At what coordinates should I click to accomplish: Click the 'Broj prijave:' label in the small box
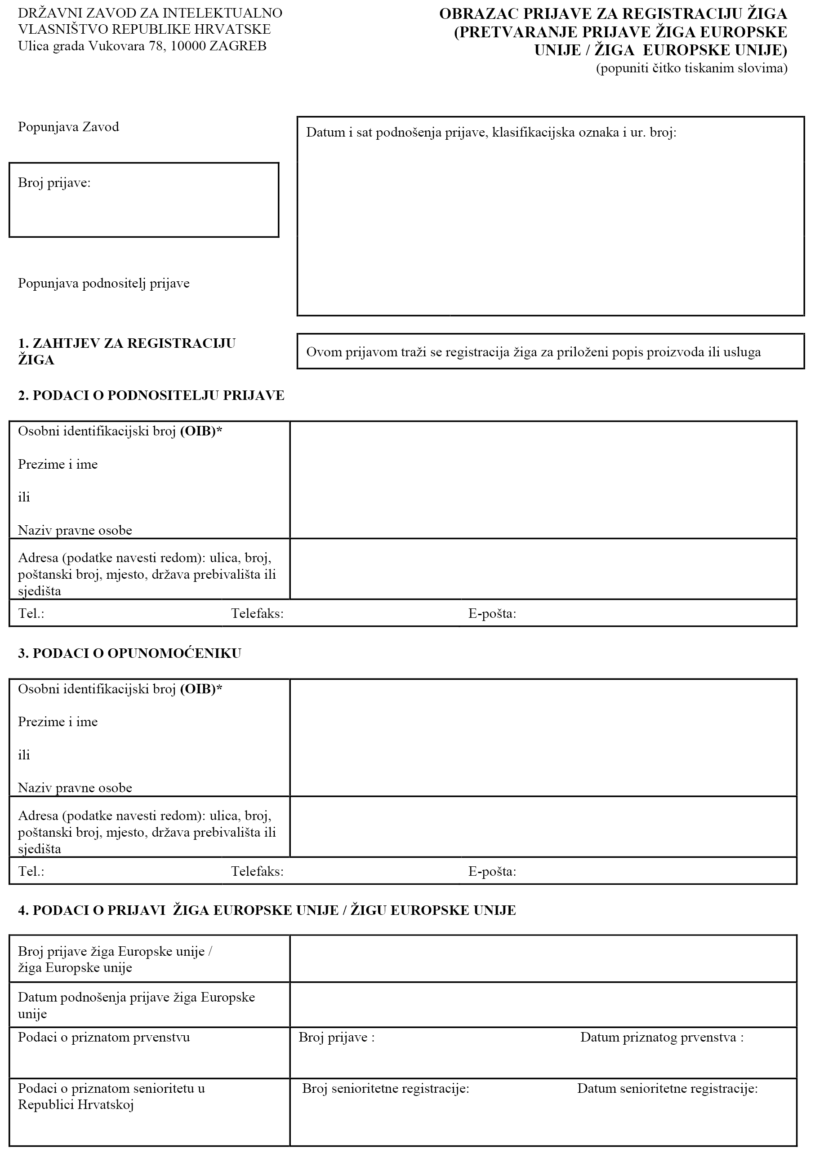coord(54,183)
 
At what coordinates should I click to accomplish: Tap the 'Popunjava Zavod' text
coord(68,127)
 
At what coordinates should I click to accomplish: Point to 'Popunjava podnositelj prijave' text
coord(103,284)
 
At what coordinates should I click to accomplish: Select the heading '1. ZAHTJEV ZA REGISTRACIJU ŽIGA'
coord(126,351)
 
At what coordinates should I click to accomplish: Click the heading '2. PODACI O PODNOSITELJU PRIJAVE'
coord(151,396)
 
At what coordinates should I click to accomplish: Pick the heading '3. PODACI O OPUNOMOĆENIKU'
coord(129,653)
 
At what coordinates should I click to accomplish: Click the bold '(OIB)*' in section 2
coord(201,431)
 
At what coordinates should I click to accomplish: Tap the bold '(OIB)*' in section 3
coord(201,689)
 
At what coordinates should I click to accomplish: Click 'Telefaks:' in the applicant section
coord(257,614)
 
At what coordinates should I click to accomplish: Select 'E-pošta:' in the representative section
coord(492,871)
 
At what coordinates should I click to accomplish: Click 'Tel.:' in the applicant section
coord(31,614)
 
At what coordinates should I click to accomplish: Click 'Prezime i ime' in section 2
coord(58,465)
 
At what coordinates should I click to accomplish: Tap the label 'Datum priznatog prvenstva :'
coord(662,1038)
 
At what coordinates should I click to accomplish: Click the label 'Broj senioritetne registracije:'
coord(385,1089)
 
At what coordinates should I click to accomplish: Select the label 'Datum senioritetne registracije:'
coord(667,1089)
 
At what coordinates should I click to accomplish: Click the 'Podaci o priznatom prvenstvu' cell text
coord(104,1038)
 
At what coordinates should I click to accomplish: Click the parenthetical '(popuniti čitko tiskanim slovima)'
coord(691,68)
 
